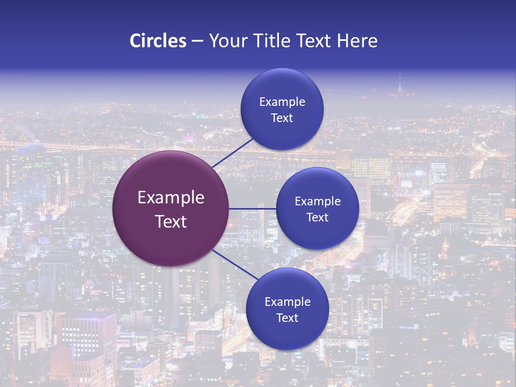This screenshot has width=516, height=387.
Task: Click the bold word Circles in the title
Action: (x=157, y=41)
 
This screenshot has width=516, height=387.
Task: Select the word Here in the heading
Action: (x=357, y=41)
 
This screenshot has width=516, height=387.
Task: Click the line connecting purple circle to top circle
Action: (x=233, y=152)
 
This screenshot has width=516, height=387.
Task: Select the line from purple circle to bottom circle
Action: (x=235, y=264)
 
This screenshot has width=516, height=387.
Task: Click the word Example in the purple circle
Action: (x=170, y=198)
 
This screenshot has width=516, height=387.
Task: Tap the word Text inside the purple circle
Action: (x=170, y=221)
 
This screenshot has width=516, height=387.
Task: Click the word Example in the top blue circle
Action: (x=282, y=102)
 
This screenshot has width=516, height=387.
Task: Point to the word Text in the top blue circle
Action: (x=282, y=118)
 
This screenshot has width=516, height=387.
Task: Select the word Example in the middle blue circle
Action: (x=317, y=202)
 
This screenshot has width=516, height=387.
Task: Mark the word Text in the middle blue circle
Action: (x=317, y=218)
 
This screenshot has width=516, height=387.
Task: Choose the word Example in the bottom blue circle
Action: (x=287, y=302)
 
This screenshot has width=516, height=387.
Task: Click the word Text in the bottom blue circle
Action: (x=287, y=318)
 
